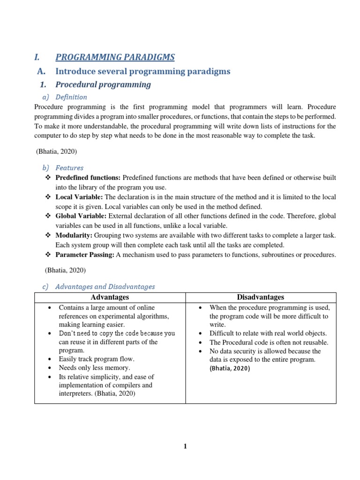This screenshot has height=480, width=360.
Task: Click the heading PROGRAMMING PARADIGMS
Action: [115, 57]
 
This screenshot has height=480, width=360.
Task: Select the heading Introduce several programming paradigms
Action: [142, 71]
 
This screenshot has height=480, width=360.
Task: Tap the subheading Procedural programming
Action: [103, 85]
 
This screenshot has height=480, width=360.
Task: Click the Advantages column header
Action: [110, 297]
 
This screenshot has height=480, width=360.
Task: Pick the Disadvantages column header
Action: [260, 297]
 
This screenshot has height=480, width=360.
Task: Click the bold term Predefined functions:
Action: [88, 178]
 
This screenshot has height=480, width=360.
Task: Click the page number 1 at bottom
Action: [185, 446]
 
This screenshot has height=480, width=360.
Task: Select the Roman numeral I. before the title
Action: [37, 57]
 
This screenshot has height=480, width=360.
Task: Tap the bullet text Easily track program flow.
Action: [96, 359]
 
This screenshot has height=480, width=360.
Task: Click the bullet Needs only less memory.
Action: [94, 368]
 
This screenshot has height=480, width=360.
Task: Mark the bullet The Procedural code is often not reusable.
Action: [269, 342]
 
